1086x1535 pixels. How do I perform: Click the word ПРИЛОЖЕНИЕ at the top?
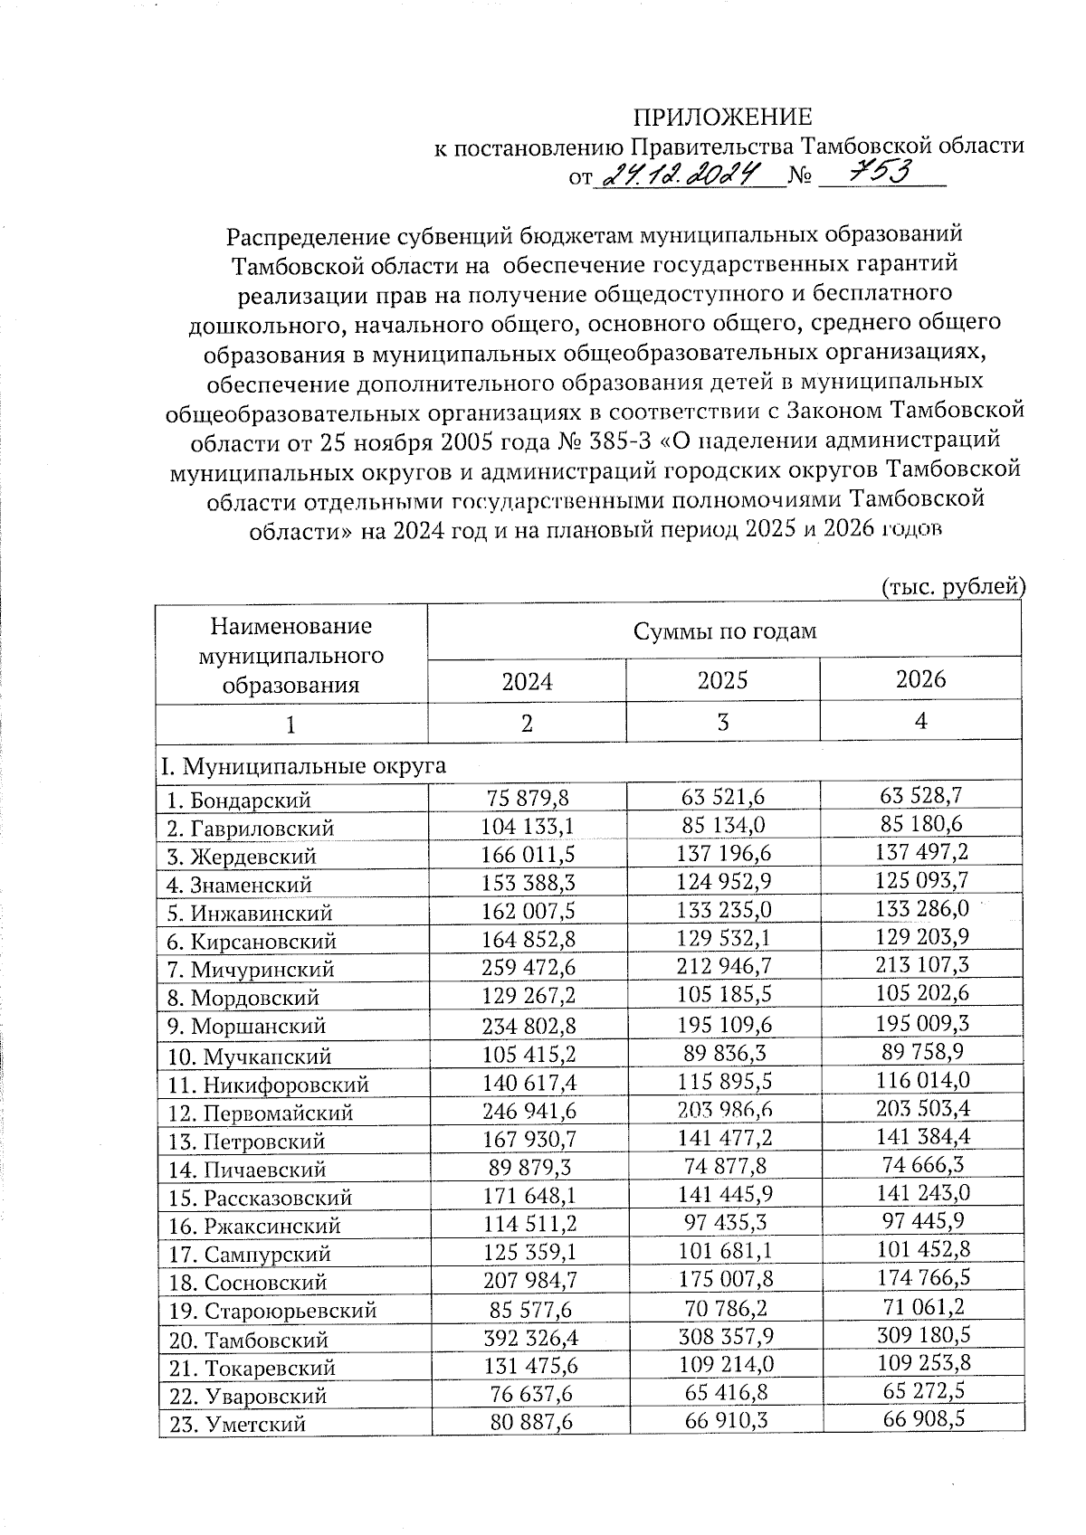pyautogui.click(x=721, y=117)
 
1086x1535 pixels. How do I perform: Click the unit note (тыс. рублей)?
pyautogui.click(x=952, y=587)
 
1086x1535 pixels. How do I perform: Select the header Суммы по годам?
pyautogui.click(x=724, y=630)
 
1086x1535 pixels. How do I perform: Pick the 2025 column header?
pyautogui.click(x=723, y=680)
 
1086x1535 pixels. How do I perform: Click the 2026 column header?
pyautogui.click(x=920, y=679)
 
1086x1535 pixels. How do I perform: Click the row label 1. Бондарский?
pyautogui.click(x=240, y=800)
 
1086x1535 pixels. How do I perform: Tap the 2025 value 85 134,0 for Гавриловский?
pyautogui.click(x=723, y=824)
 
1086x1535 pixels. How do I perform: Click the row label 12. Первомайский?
pyautogui.click(x=262, y=1113)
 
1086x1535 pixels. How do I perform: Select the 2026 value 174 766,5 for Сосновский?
pyautogui.click(x=920, y=1280)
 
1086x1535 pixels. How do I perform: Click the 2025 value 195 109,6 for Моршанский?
pyautogui.click(x=723, y=1024)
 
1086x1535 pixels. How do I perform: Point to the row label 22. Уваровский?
pyautogui.click(x=248, y=1395)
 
